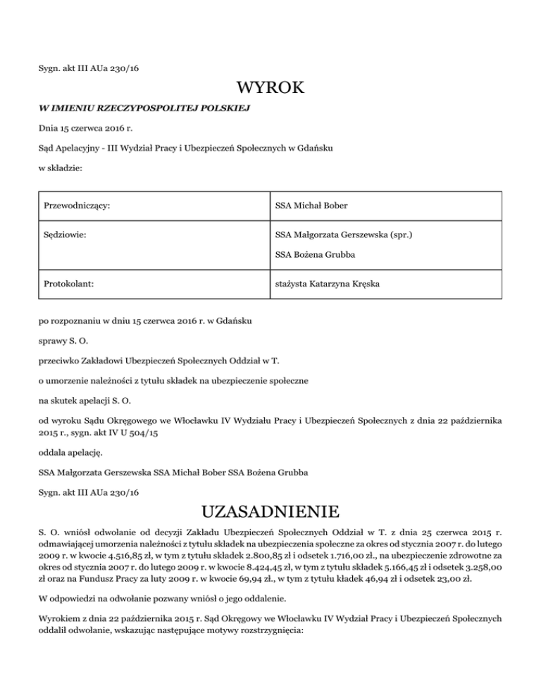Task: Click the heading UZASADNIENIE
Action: (x=270, y=510)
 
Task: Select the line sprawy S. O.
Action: (x=64, y=341)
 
